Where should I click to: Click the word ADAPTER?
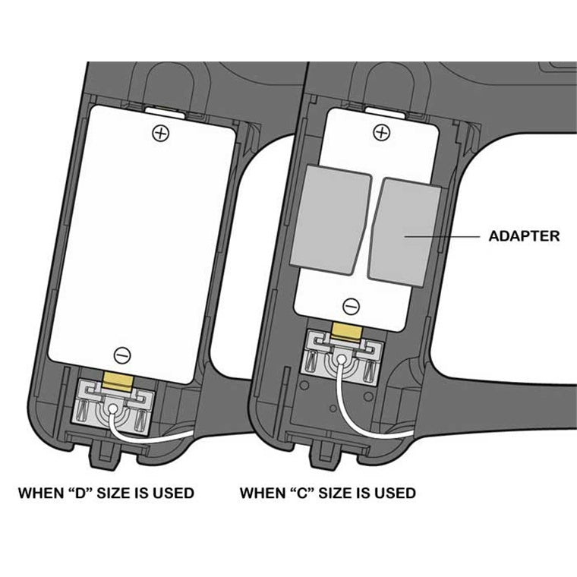coord(524,236)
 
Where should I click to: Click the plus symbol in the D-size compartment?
coord(161,133)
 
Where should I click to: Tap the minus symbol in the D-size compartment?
coord(122,355)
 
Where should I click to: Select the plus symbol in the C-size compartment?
coord(382,132)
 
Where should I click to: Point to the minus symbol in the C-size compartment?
coord(351,306)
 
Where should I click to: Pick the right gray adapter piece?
coord(405,232)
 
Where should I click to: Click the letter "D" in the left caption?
coord(80,493)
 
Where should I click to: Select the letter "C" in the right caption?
coord(301,493)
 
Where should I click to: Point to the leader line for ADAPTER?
coord(442,236)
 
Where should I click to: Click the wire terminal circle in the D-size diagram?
coord(113,408)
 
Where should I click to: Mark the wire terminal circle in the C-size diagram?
coord(342,359)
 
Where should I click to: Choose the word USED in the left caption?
coord(173,493)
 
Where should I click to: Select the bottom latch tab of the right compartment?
coord(326,452)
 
